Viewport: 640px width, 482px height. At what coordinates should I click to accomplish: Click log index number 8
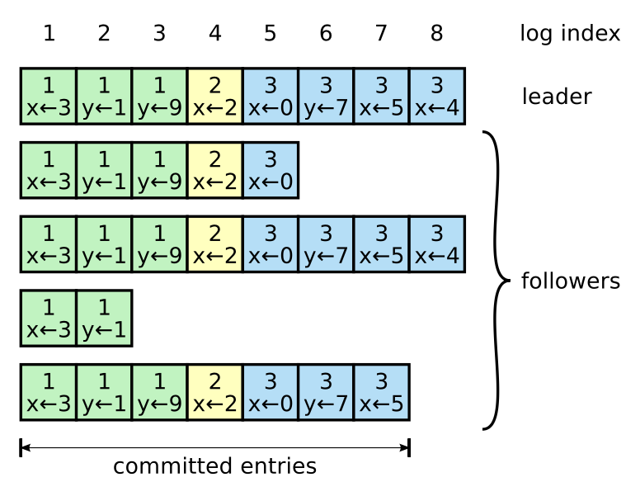pyautogui.click(x=436, y=34)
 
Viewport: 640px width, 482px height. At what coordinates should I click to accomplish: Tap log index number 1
pyautogui.click(x=49, y=34)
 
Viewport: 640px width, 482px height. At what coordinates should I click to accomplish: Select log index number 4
pyautogui.click(x=215, y=34)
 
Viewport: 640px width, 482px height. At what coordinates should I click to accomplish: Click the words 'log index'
pyautogui.click(x=569, y=34)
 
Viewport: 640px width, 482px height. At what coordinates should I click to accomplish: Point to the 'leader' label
pyautogui.click(x=557, y=97)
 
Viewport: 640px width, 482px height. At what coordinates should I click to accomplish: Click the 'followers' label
pyautogui.click(x=570, y=281)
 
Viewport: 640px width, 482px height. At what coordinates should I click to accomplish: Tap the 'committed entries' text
pyautogui.click(x=214, y=466)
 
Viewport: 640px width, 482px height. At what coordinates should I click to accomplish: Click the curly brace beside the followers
pyautogui.click(x=496, y=281)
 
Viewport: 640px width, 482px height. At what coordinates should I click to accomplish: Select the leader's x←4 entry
pyautogui.click(x=436, y=97)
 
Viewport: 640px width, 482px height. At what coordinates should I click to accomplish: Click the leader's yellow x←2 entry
pyautogui.click(x=215, y=97)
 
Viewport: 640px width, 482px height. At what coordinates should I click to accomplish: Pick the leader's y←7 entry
pyautogui.click(x=326, y=97)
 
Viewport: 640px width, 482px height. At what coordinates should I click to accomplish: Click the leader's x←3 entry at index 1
pyautogui.click(x=49, y=97)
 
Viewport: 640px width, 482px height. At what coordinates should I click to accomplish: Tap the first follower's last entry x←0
pyautogui.click(x=271, y=170)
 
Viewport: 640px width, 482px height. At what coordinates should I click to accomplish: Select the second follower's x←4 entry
pyautogui.click(x=436, y=244)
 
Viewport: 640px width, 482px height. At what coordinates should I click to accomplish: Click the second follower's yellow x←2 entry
pyautogui.click(x=215, y=244)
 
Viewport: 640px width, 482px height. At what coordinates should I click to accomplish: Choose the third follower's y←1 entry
pyautogui.click(x=104, y=319)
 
